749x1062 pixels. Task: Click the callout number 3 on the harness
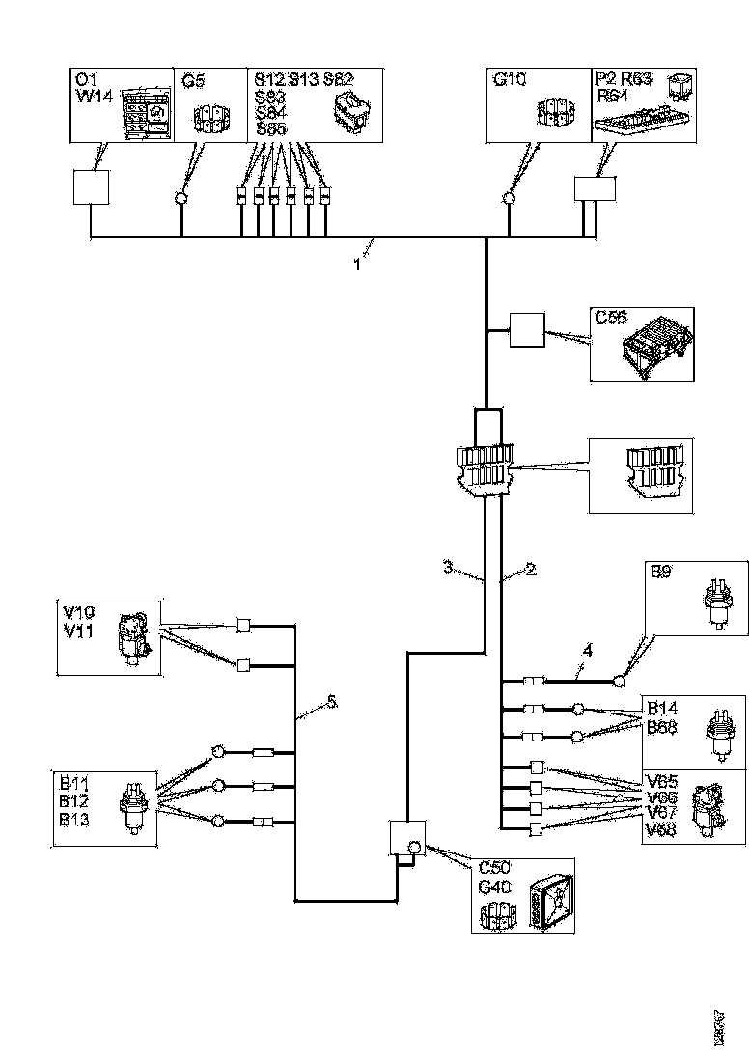[448, 568]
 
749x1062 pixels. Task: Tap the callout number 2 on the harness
[531, 569]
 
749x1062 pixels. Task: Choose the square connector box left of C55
[526, 331]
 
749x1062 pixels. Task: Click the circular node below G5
[180, 199]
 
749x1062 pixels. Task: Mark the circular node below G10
[509, 199]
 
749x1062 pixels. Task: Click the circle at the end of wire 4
[619, 682]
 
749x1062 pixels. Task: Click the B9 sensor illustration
[715, 602]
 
